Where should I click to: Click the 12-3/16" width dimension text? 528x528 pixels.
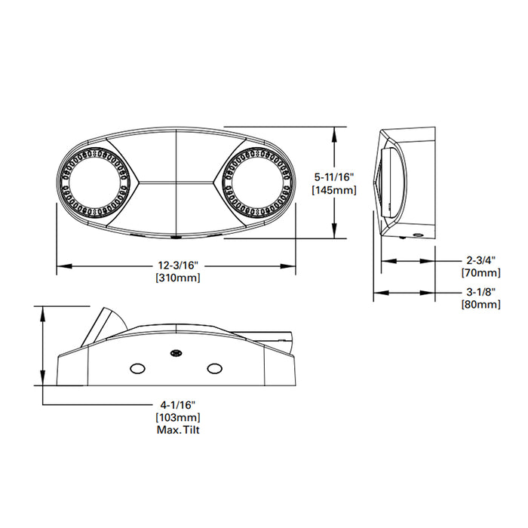pyautogui.click(x=178, y=266)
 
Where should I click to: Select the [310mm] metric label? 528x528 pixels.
pyautogui.click(x=178, y=278)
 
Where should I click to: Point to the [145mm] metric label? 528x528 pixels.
pyautogui.click(x=334, y=190)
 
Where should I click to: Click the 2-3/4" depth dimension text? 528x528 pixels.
pyautogui.click(x=480, y=260)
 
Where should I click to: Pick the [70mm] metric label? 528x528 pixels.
pyautogui.click(x=480, y=273)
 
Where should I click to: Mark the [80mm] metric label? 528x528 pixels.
pyautogui.click(x=480, y=304)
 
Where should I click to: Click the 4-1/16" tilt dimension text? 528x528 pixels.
pyautogui.click(x=178, y=404)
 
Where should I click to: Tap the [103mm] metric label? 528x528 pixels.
pyautogui.click(x=178, y=417)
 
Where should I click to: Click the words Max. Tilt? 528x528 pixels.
pyautogui.click(x=178, y=431)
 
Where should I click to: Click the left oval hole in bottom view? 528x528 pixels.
pyautogui.click(x=137, y=368)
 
